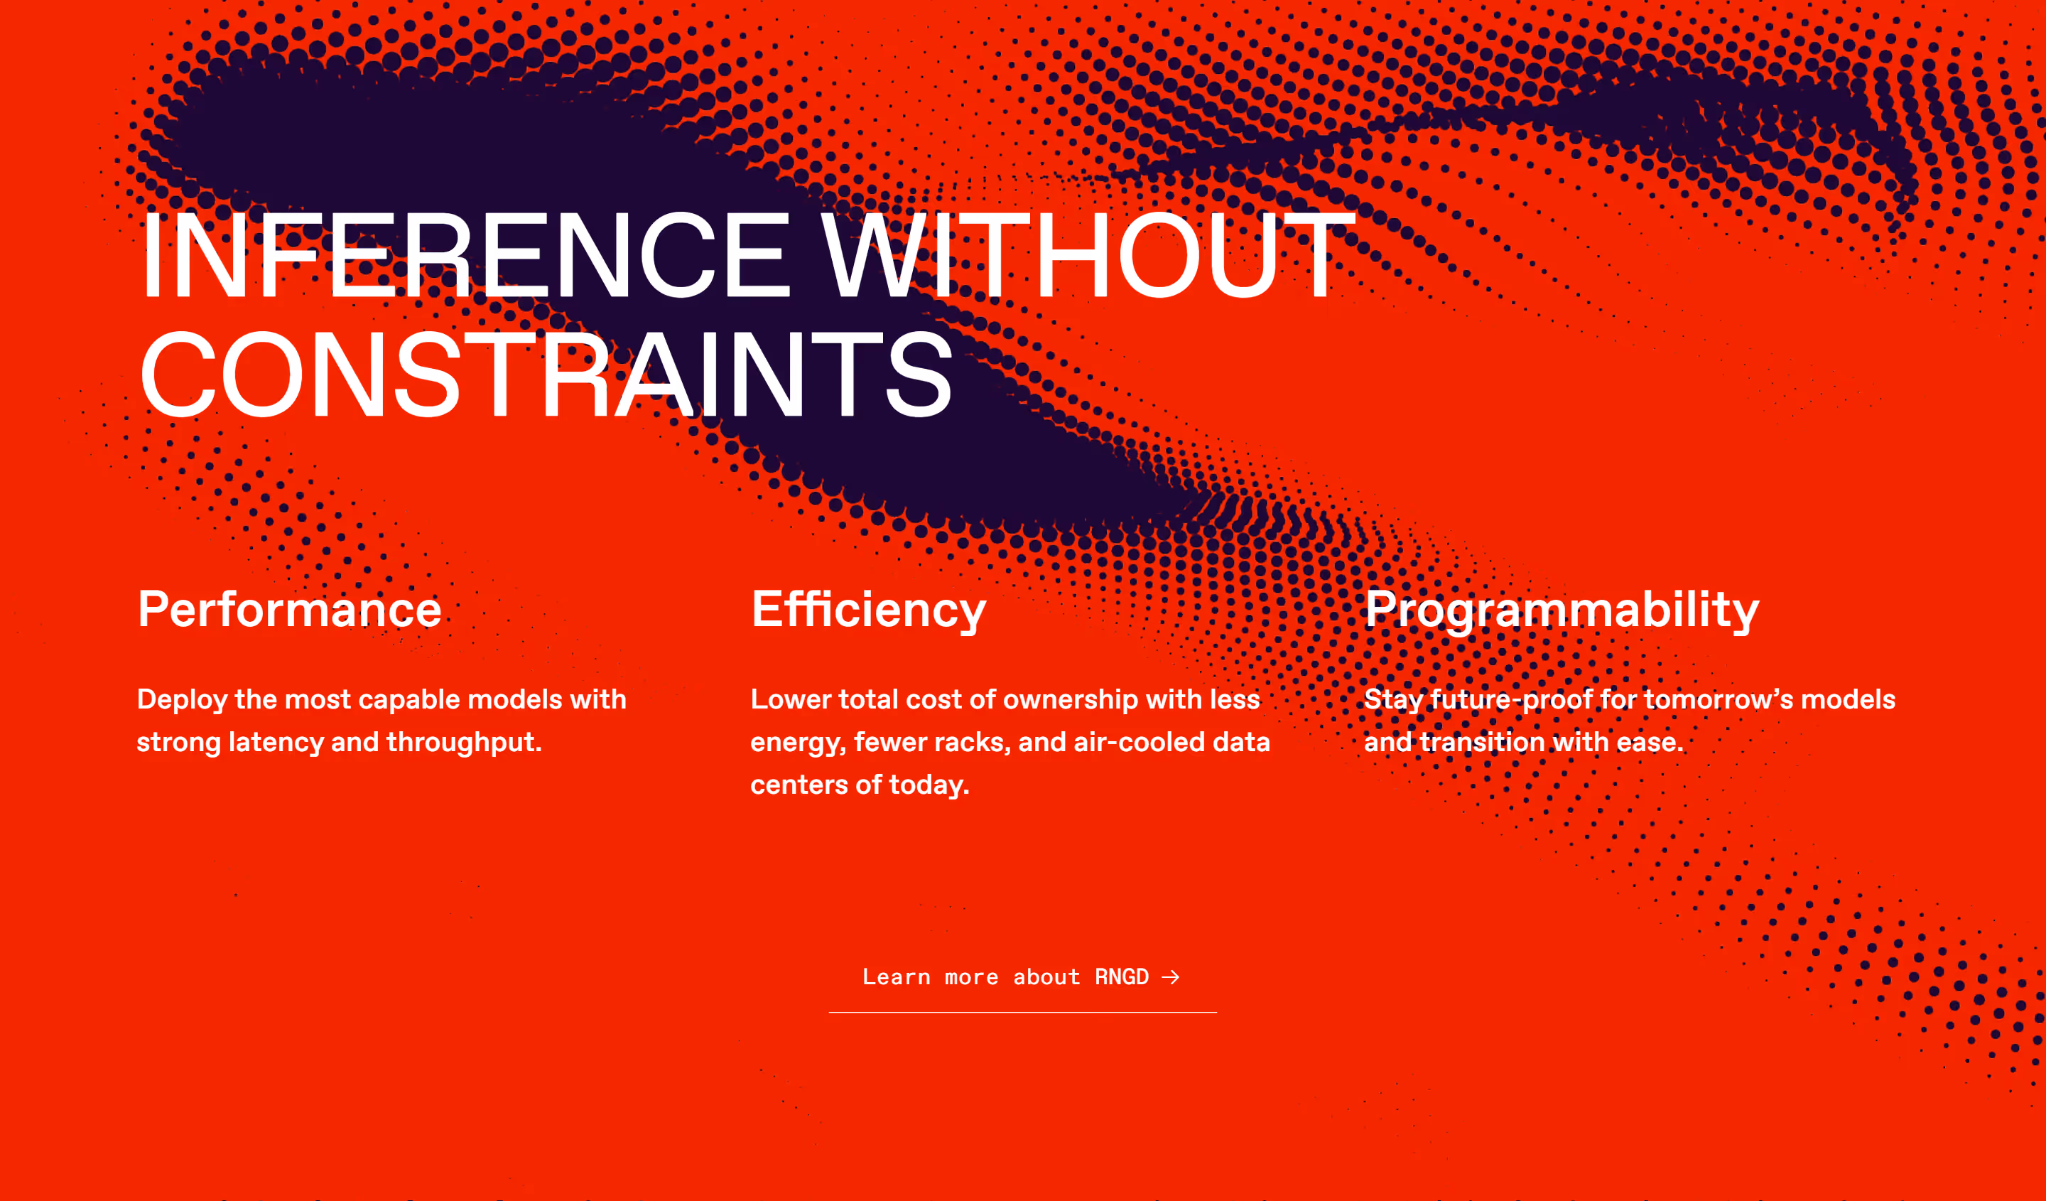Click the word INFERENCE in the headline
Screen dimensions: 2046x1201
point(466,255)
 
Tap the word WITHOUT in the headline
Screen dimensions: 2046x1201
point(1088,255)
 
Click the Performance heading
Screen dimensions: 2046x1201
point(290,609)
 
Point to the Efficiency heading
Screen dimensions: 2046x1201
point(869,610)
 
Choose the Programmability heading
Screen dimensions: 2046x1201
point(1562,610)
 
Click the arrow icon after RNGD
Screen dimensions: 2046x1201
point(1170,977)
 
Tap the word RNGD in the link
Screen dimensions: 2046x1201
point(1122,977)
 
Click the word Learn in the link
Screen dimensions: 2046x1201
point(897,977)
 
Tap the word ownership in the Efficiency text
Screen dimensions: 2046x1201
point(1071,701)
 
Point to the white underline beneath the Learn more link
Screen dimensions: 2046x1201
point(1023,1013)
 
